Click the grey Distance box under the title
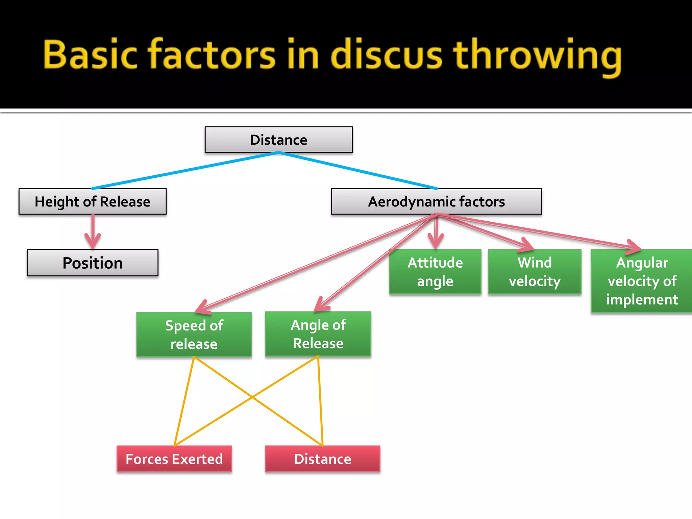[278, 140]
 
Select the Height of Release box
[92, 202]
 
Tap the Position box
[92, 263]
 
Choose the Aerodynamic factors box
[436, 202]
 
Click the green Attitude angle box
[435, 272]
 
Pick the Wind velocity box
[535, 272]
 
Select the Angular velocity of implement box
[641, 281]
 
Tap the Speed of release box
[194, 335]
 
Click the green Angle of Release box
[318, 334]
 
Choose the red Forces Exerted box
[174, 459]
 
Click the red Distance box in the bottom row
[322, 459]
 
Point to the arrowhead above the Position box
[92, 241]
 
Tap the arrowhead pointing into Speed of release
[203, 307]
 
